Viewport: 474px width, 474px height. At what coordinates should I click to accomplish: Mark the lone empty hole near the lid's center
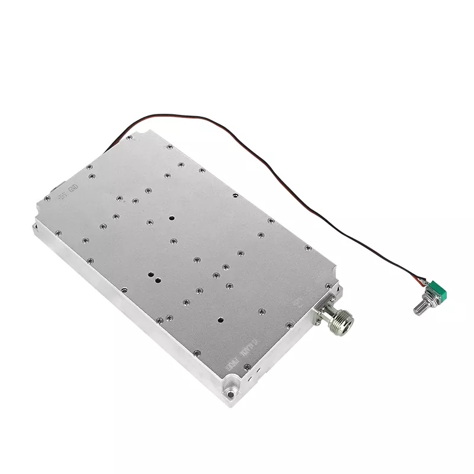(171, 218)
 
